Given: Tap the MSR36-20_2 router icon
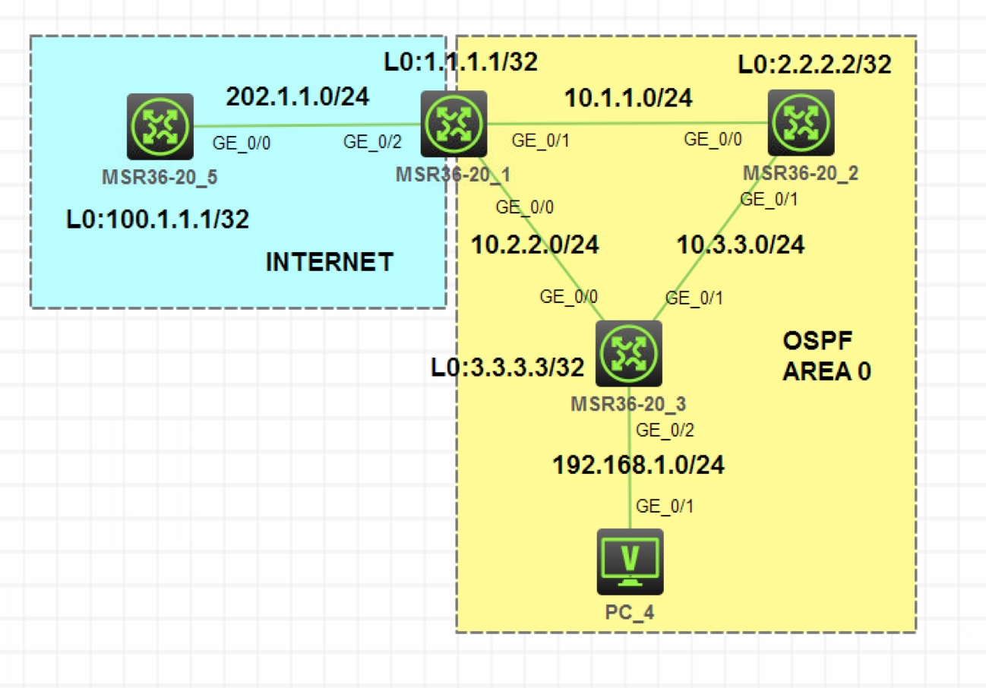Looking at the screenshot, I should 801,123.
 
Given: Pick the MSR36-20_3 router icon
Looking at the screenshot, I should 628,354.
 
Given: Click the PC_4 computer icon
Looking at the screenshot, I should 630,562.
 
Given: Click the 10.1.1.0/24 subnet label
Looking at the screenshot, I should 628,96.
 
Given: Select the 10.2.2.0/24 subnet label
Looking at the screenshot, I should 535,245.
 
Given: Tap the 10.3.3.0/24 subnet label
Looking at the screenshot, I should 741,245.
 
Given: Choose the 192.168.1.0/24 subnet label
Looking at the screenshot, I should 638,465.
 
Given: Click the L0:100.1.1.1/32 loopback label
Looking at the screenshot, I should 157,219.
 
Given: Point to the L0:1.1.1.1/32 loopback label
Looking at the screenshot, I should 461,62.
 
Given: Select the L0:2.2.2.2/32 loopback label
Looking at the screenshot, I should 815,65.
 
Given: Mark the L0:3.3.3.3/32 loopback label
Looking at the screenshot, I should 508,368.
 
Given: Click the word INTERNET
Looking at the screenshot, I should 329,262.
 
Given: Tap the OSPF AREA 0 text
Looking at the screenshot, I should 826,355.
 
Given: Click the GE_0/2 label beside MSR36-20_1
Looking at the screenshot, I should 372,140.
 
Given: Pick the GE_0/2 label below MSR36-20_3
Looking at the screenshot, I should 665,431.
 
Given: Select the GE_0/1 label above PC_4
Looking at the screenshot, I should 665,505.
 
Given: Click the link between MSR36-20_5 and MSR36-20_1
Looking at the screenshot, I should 308,125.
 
